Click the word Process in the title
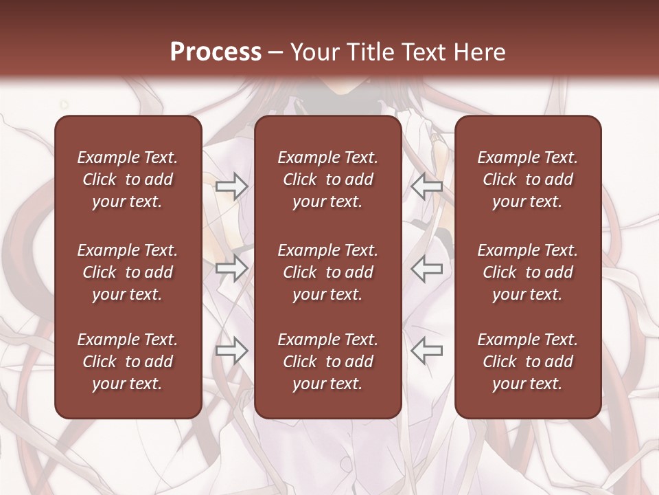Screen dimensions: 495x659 216,52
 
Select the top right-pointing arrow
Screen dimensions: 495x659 232,186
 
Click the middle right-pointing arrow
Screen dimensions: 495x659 232,268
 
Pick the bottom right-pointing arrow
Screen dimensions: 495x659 232,351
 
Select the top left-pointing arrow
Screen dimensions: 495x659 426,186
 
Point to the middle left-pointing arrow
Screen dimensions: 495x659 426,268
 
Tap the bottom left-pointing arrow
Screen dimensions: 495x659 426,351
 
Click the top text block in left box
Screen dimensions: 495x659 128,179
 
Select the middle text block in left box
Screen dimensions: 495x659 128,272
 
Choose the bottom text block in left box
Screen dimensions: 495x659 128,362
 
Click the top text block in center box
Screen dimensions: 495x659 327,179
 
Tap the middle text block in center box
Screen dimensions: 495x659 327,272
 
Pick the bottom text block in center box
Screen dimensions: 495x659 327,362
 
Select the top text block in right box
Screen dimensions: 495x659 527,179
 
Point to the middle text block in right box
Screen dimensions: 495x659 527,272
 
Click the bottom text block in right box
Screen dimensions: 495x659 527,362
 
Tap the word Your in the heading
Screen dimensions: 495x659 312,52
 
